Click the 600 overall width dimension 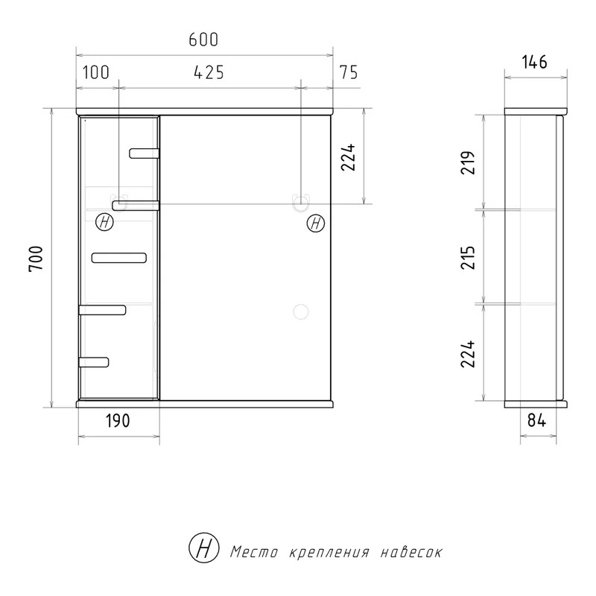(x=203, y=39)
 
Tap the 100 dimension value (x=96, y=72)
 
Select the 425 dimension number (x=209, y=72)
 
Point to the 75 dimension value (x=349, y=72)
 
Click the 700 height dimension (x=37, y=259)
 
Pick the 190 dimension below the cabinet (x=118, y=420)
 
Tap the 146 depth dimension (x=534, y=62)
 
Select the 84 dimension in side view (x=536, y=420)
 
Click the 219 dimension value (x=468, y=162)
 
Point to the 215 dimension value (x=468, y=258)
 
